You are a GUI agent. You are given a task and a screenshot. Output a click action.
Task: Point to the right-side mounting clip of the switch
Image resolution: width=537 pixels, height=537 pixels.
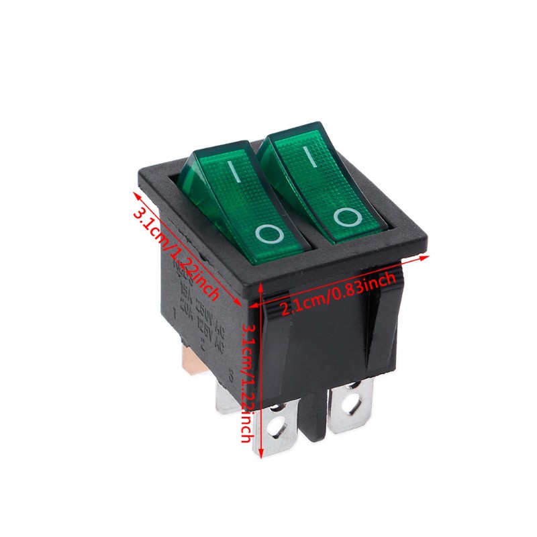(x=385, y=322)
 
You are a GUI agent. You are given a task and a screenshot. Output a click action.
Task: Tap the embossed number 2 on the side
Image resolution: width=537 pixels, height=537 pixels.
(x=203, y=348)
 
